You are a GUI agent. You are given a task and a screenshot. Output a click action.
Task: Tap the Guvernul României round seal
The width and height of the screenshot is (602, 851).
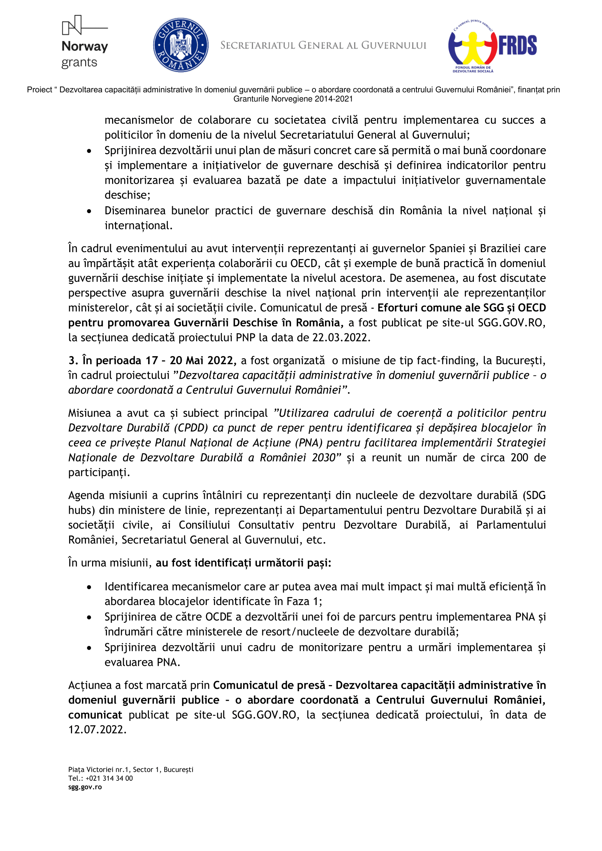[181, 45]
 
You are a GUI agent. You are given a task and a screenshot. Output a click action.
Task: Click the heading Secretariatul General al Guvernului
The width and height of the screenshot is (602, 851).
[323, 45]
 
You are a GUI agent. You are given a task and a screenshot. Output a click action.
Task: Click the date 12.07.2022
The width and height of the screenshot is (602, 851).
[97, 729]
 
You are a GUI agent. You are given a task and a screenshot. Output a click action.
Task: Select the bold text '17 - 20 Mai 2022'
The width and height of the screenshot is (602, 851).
[190, 360]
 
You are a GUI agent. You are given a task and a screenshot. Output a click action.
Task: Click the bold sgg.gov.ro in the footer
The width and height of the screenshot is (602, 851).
[85, 787]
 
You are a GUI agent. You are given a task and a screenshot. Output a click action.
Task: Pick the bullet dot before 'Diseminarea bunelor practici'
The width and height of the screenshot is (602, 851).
[89, 211]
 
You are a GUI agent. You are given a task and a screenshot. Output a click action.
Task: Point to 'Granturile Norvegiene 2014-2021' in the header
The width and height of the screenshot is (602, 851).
[293, 99]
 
